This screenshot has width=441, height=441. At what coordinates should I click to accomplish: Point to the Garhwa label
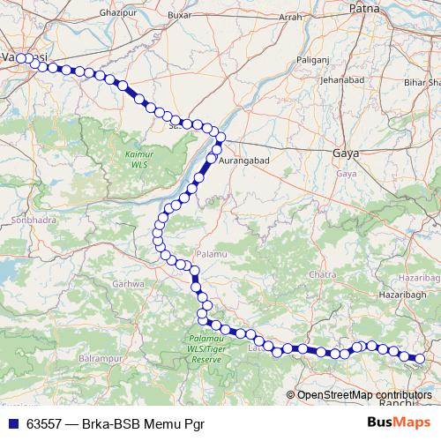click(129, 284)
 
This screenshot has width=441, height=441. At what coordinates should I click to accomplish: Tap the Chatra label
click(325, 274)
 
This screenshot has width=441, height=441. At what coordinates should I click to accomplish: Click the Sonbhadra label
click(26, 218)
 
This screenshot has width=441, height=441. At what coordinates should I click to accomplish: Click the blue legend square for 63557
click(13, 422)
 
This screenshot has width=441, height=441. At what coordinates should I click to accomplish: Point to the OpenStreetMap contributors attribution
click(363, 395)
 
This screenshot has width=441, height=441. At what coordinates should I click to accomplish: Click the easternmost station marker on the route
click(419, 358)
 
